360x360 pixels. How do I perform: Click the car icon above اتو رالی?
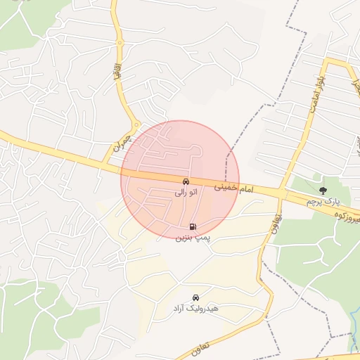[186, 181]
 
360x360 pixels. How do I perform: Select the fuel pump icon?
[193, 226]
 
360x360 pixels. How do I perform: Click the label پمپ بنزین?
[193, 238]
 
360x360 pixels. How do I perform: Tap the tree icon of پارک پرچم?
[323, 191]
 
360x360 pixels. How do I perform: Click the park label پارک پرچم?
[323, 202]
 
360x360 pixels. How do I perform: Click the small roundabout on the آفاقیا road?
[120, 42]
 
